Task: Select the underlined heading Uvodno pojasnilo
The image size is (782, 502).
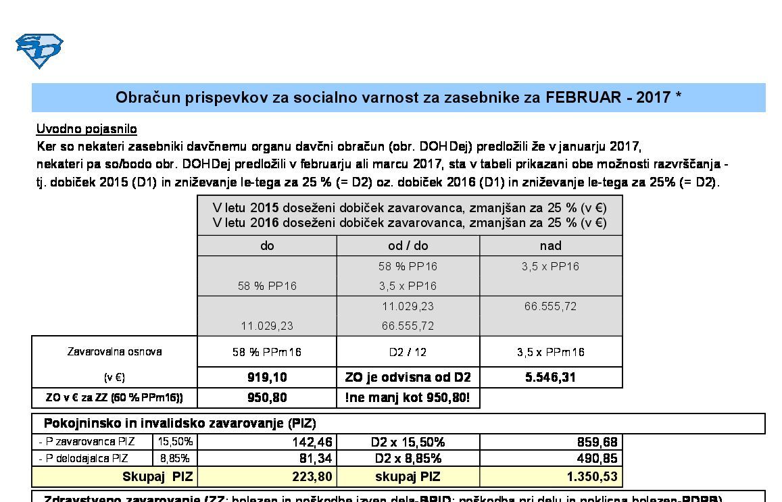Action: pos(87,129)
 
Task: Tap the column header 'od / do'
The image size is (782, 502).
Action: pos(408,246)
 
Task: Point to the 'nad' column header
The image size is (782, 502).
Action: pos(550,246)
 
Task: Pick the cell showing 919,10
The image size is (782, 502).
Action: pos(267,377)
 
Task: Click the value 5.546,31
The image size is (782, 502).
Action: pos(550,377)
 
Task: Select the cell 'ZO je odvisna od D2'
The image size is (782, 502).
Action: pos(408,377)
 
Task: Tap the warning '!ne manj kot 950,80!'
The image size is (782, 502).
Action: pos(408,397)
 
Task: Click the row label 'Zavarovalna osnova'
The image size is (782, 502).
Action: pos(114,351)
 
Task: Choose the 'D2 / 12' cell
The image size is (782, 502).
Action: pos(408,352)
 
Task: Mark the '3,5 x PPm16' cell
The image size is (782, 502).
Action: pos(550,352)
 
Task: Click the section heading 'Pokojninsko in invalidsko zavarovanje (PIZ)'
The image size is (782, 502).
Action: pos(180,424)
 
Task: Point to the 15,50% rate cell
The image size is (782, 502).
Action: pos(176,442)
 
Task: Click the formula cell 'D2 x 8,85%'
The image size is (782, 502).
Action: pos(408,459)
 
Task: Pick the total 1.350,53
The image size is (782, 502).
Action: pos(589,477)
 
